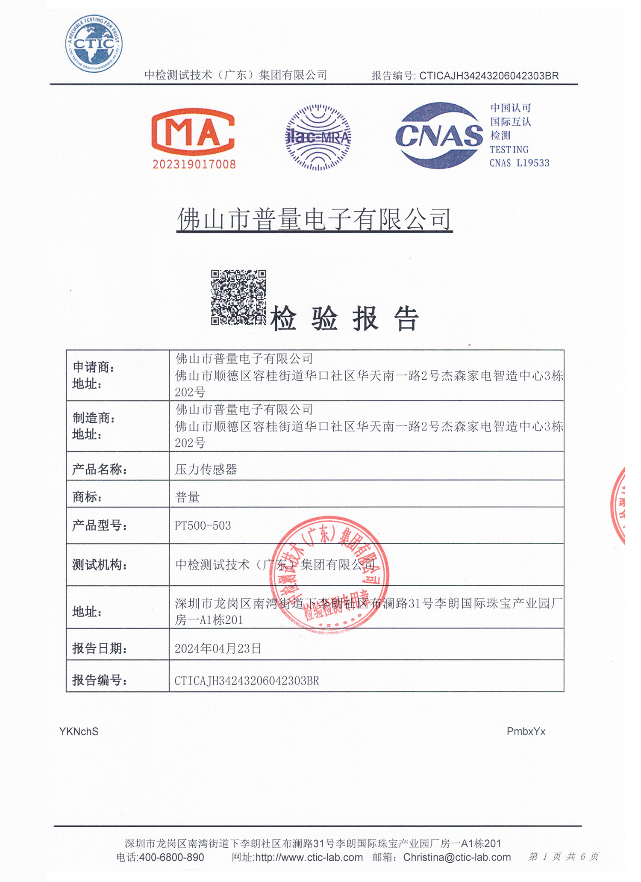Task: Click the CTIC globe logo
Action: pyautogui.click(x=94, y=43)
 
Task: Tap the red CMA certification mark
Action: pyautogui.click(x=193, y=133)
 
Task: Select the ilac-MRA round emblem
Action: pyautogui.click(x=318, y=137)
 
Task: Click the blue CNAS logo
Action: pyautogui.click(x=439, y=136)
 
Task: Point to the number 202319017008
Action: pyautogui.click(x=194, y=164)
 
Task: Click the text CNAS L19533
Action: pyautogui.click(x=519, y=163)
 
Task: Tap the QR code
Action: pyautogui.click(x=238, y=297)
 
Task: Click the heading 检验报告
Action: pyautogui.click(x=344, y=319)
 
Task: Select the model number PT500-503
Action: pyautogui.click(x=203, y=525)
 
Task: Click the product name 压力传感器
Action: pyautogui.click(x=206, y=469)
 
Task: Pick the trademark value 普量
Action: pyautogui.click(x=187, y=497)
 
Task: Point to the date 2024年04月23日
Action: pyautogui.click(x=218, y=649)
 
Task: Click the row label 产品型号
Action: pyautogui.click(x=100, y=525)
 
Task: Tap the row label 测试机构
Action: pyautogui.click(x=100, y=565)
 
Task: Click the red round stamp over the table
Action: pyautogui.click(x=329, y=574)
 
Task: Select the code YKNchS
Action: pyautogui.click(x=79, y=732)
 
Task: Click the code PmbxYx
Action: pyautogui.click(x=526, y=731)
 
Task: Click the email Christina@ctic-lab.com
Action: pyautogui.click(x=457, y=857)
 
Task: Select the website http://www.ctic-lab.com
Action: pyautogui.click(x=309, y=857)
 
